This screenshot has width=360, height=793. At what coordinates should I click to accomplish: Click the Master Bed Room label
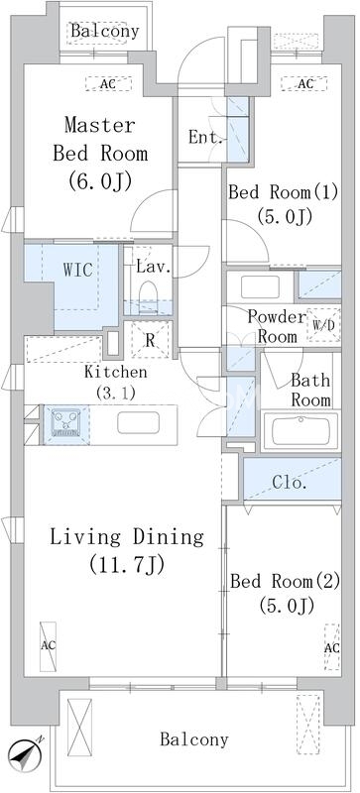pyautogui.click(x=100, y=139)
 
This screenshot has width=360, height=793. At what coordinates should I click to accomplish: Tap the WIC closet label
pyautogui.click(x=77, y=270)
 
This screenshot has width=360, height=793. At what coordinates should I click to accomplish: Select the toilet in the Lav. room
pyautogui.click(x=149, y=291)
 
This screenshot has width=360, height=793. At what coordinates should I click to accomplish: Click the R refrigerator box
pyautogui.click(x=150, y=340)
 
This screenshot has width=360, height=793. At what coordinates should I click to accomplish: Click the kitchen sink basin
pyautogui.click(x=138, y=423)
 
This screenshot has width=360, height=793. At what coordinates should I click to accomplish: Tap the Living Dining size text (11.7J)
pyautogui.click(x=126, y=564)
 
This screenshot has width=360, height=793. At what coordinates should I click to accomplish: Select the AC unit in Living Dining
pyautogui.click(x=49, y=646)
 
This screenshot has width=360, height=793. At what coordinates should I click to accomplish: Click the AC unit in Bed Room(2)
pyautogui.click(x=331, y=647)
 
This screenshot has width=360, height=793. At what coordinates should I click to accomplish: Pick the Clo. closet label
pyautogui.click(x=290, y=483)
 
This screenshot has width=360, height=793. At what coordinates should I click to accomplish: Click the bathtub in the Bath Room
pyautogui.click(x=300, y=431)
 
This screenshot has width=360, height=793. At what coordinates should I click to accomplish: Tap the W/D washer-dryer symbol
pyautogui.click(x=323, y=325)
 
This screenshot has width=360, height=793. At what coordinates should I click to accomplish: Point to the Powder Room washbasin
pyautogui.click(x=260, y=286)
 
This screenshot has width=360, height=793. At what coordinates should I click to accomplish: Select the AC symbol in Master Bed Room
pyautogui.click(x=108, y=84)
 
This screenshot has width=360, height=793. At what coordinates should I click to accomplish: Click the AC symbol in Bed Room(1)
pyautogui.click(x=304, y=83)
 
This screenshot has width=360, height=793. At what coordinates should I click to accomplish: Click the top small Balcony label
pyautogui.click(x=105, y=32)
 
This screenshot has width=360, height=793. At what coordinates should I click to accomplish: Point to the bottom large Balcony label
pyautogui.click(x=194, y=740)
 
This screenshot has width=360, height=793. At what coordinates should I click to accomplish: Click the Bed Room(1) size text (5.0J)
pyautogui.click(x=284, y=216)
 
